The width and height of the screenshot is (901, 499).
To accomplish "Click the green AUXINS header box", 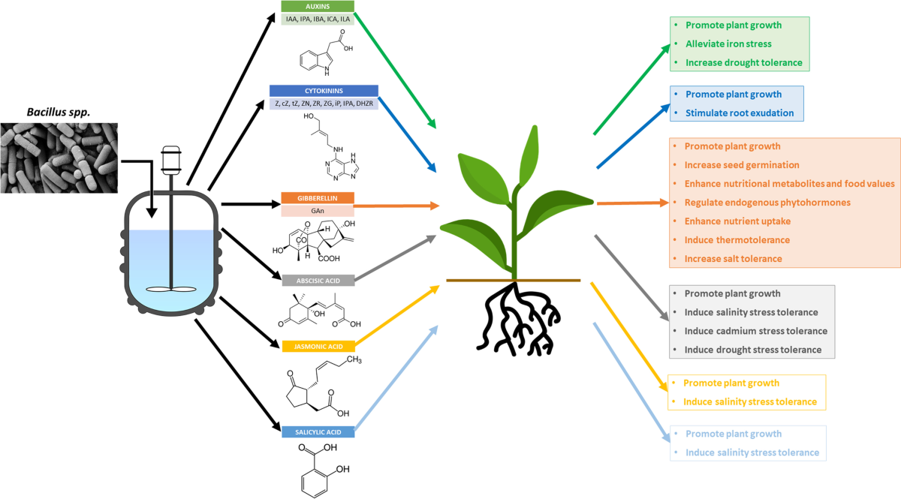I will (x=317, y=6).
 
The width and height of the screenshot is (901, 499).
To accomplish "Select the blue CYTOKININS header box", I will (x=323, y=91).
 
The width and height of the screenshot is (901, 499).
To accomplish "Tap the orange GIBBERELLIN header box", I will (x=317, y=198).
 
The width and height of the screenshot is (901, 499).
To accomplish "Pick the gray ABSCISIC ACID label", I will (x=317, y=280).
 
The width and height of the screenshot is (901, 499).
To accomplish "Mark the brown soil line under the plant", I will (x=513, y=280).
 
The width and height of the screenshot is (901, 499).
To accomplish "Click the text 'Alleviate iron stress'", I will (x=728, y=44).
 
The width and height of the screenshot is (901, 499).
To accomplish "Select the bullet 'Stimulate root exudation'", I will (x=739, y=113).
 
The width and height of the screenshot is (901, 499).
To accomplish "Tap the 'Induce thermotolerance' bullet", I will (x=737, y=240).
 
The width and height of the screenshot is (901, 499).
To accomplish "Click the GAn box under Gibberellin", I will (x=317, y=211).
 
